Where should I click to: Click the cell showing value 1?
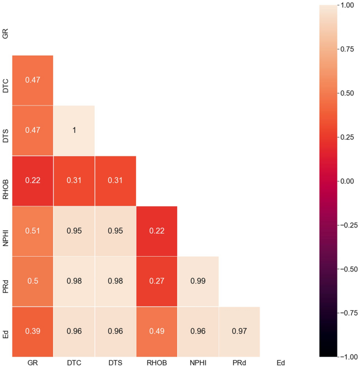coord(74,130)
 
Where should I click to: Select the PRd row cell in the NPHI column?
coord(198,281)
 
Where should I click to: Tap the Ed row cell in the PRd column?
coord(239,332)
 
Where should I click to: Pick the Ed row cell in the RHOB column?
coord(157,332)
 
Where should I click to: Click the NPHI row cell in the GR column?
coord(33,231)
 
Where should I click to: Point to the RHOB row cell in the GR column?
coord(33,181)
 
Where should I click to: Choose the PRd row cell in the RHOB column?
coord(157,281)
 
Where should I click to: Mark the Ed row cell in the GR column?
coord(33,332)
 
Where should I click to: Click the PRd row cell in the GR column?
coord(33,281)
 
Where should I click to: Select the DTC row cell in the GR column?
coord(33,80)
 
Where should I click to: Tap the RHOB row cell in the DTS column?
coord(115,181)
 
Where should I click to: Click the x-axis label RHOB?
coord(157,363)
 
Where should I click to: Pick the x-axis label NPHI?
coord(198,363)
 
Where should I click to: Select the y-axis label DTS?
coord(5,130)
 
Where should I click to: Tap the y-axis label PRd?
coord(5,281)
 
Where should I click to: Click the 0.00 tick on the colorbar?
coord(347,181)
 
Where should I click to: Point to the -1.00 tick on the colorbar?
coord(347,357)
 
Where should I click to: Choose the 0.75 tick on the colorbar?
coord(347,49)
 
